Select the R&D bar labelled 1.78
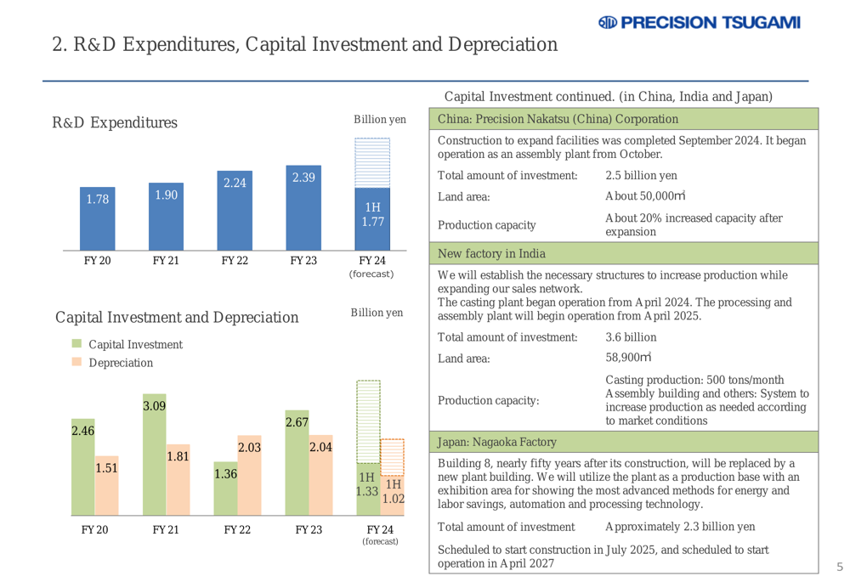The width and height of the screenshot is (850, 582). [x=96, y=218]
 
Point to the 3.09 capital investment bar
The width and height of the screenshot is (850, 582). [x=154, y=459]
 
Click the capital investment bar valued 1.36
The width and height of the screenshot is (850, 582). [x=225, y=494]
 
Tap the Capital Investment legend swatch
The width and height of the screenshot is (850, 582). [x=76, y=344]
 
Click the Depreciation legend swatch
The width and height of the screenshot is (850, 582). [x=76, y=363]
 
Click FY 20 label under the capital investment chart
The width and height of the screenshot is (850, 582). [x=96, y=529]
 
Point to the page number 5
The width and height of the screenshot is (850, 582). [x=838, y=567]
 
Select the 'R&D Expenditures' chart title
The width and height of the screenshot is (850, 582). [x=115, y=123]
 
